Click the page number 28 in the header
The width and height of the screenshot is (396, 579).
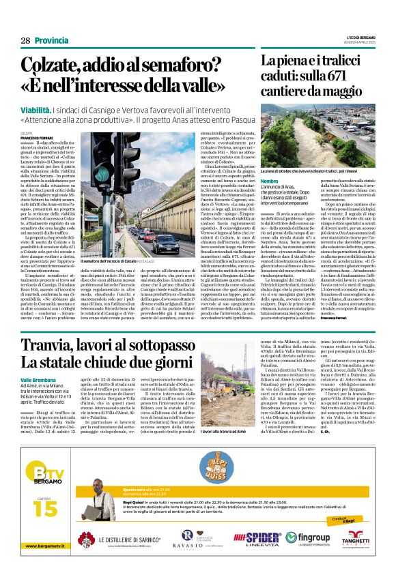tap(25, 41)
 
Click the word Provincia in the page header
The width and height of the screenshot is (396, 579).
tap(52, 41)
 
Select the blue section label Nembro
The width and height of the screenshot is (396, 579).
tap(270, 179)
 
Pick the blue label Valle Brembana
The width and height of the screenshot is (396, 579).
tap(39, 397)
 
